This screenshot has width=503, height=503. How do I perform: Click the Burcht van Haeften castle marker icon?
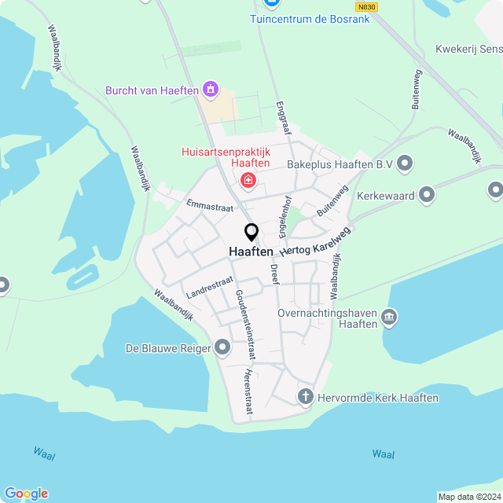(x=210, y=90)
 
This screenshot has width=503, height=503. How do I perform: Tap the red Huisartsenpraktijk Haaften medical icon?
(x=249, y=182)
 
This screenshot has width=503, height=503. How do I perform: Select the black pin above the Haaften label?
(x=251, y=233)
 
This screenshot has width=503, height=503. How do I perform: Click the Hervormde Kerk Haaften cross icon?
(x=306, y=397)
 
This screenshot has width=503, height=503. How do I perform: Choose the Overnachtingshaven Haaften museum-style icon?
(x=389, y=318)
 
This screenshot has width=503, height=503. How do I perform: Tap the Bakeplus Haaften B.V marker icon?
(x=405, y=163)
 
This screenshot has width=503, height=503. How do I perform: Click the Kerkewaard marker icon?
(x=427, y=193)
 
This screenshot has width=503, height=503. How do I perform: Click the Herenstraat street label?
(x=249, y=390)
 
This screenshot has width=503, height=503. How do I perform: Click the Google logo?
(x=26, y=493)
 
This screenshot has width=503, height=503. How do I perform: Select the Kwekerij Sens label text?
(x=468, y=49)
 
